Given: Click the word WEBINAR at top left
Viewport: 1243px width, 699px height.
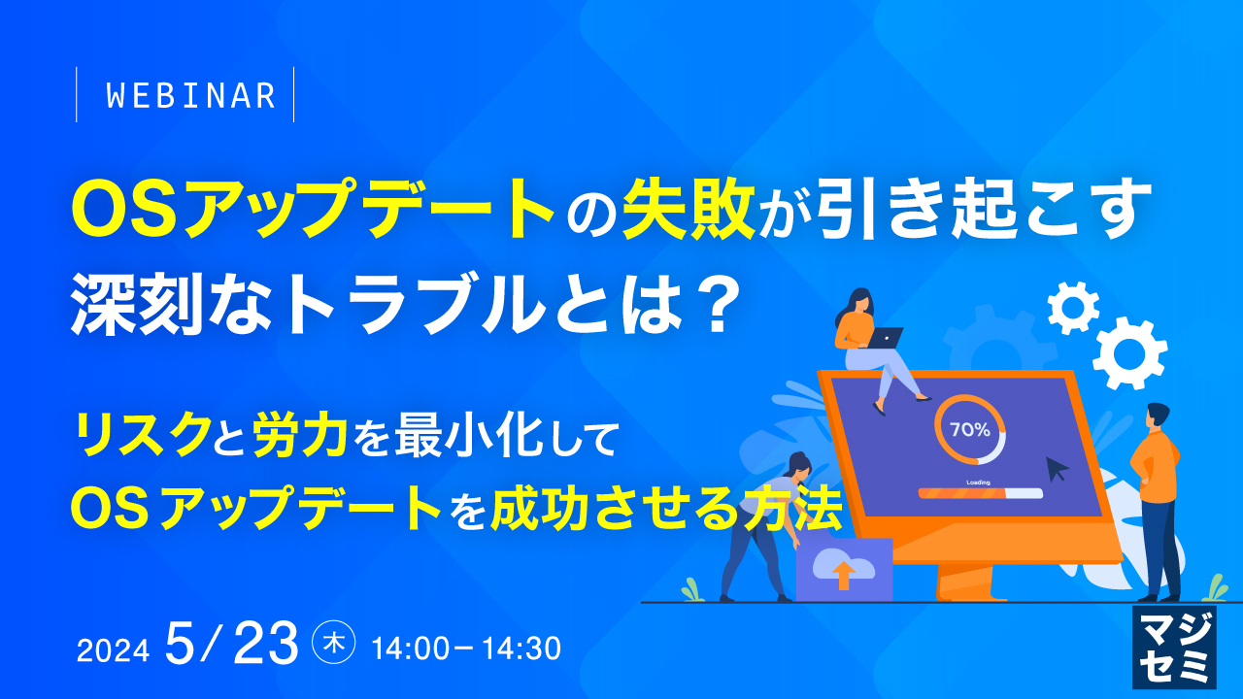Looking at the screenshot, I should (x=189, y=95).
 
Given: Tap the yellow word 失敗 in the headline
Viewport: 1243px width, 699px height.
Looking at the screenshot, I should (x=690, y=211).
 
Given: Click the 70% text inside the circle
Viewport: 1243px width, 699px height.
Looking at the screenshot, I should (x=969, y=429).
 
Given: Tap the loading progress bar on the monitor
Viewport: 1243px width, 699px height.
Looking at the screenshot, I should (x=980, y=493).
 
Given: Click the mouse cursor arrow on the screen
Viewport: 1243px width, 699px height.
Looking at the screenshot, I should (x=1057, y=469).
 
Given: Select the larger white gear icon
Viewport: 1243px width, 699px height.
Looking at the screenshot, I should (x=1129, y=353).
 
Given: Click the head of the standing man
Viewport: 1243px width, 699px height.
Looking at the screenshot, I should (x=1157, y=416).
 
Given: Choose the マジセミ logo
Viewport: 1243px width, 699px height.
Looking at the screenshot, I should (x=1174, y=649).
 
